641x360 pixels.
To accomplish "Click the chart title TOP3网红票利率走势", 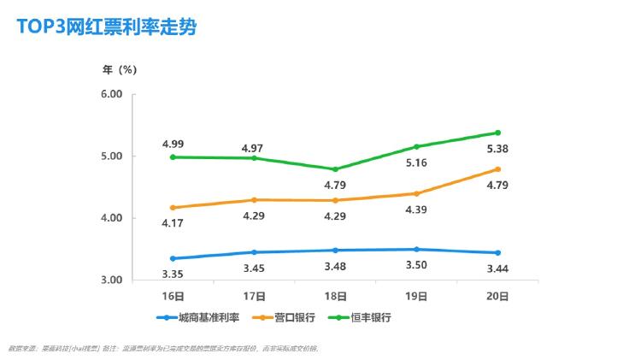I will click(107, 27).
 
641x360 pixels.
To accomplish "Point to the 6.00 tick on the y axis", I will click(112, 94).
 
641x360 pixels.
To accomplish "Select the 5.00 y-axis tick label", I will click(112, 156).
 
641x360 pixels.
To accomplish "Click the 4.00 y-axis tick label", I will click(112, 218).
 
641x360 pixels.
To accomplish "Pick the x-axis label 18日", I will click(336, 296).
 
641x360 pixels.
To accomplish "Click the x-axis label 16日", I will click(173, 296).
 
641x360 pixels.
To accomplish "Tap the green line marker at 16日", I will click(173, 157).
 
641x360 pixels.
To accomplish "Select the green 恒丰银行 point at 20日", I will click(497, 133).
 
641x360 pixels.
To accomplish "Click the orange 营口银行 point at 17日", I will click(255, 200).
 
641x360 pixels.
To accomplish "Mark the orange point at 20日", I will click(497, 169).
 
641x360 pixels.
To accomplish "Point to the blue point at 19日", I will click(416, 250).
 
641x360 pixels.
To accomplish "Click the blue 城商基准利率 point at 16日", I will click(173, 258).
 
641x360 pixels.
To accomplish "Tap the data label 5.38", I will click(498, 148).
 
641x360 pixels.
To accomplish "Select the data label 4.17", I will click(173, 223).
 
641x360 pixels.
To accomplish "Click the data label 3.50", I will click(416, 267).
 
